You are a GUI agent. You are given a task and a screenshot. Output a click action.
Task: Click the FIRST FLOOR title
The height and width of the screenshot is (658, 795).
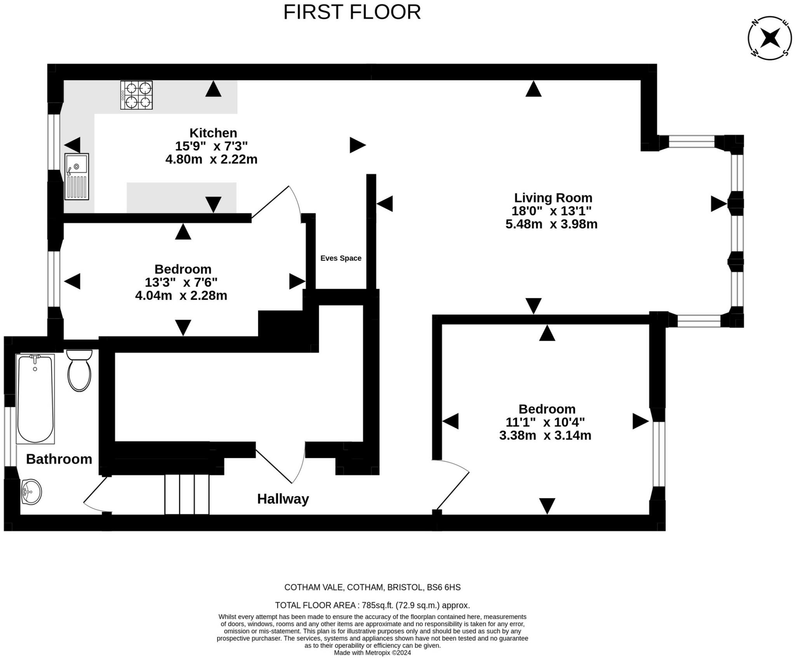(x=352, y=12)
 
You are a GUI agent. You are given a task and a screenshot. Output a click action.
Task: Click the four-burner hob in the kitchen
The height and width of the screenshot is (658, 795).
(x=136, y=95)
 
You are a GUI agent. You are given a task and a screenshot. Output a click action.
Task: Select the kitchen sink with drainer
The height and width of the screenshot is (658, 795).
(x=77, y=176)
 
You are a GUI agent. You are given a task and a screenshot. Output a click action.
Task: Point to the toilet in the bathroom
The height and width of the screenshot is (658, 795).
(x=79, y=371)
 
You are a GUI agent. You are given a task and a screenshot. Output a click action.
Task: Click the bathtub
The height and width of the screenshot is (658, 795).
(x=35, y=399)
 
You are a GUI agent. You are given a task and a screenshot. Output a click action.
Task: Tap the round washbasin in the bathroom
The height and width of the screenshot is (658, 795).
(x=31, y=492)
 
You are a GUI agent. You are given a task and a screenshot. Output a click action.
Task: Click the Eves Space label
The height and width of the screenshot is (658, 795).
(x=341, y=258)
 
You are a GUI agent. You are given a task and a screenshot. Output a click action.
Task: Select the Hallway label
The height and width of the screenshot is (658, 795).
(x=283, y=499)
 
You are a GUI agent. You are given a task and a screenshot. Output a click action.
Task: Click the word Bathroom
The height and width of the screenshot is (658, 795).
(x=59, y=459)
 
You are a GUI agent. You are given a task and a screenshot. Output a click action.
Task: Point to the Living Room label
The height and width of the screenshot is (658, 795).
(x=553, y=198)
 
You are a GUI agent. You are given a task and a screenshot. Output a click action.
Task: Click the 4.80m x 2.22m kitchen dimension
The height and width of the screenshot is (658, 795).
(x=211, y=159)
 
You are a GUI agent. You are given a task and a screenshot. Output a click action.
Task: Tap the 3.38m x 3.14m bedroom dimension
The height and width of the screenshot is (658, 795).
(x=545, y=435)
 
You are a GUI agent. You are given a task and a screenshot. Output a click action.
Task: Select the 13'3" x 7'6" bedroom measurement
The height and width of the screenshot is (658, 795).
(x=181, y=282)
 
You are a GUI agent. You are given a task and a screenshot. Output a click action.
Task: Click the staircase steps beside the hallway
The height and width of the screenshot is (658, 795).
(x=187, y=494)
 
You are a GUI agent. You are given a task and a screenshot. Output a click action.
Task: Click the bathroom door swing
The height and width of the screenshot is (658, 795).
(x=97, y=496)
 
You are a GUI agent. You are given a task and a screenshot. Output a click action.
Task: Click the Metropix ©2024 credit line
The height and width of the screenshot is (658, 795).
(x=372, y=653)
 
